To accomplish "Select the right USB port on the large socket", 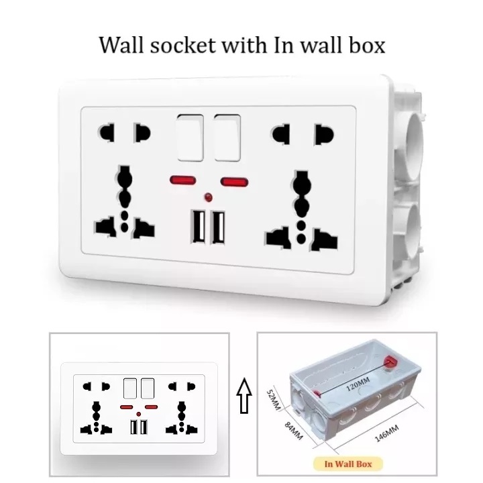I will pos(218,229).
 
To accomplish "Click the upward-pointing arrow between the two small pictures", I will pos(244,398).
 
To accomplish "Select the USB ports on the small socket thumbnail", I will pos(140,427).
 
